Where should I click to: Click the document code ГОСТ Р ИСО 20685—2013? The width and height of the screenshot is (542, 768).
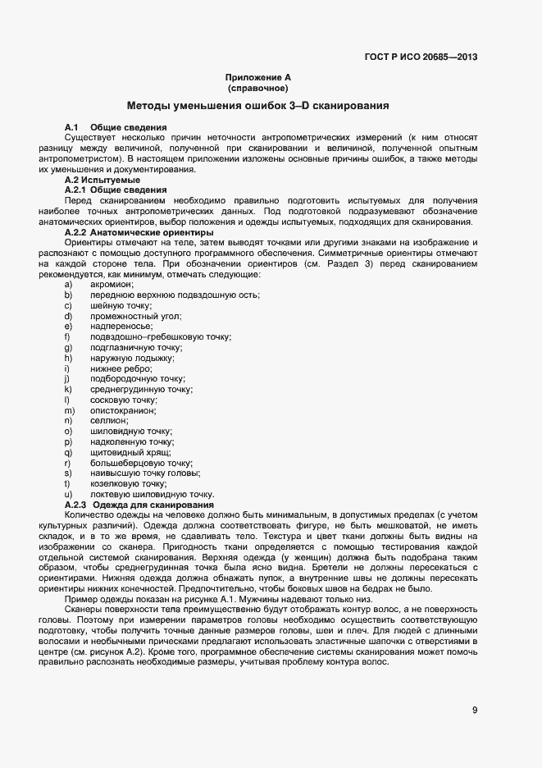coord(421,57)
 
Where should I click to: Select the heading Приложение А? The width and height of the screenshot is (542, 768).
coord(258,77)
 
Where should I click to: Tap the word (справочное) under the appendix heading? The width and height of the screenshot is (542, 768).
coord(258,87)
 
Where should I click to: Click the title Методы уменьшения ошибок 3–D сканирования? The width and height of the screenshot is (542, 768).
coord(257,106)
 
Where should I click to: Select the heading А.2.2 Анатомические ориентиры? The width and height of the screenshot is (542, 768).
coord(127,232)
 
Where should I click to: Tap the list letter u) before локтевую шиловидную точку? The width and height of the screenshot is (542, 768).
coord(68,494)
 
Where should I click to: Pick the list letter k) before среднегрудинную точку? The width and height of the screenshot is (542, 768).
coord(68,390)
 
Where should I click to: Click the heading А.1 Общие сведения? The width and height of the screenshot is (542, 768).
coord(116,127)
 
